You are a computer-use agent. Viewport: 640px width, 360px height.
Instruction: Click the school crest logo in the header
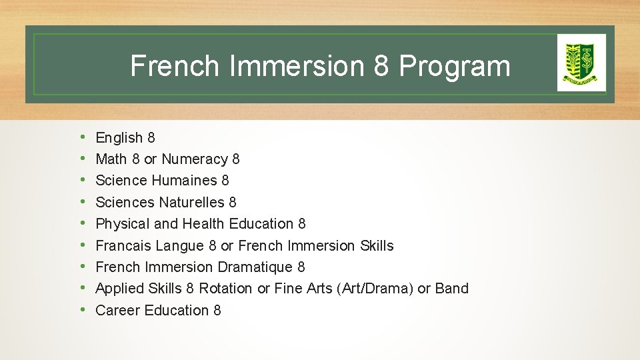581,62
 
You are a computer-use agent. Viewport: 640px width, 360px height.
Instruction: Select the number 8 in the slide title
381,66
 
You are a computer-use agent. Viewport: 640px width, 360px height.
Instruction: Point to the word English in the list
119,138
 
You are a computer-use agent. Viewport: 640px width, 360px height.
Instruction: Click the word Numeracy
195,159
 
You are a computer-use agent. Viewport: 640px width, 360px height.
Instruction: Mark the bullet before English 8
81,138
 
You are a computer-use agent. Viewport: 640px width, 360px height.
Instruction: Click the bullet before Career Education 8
81,311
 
